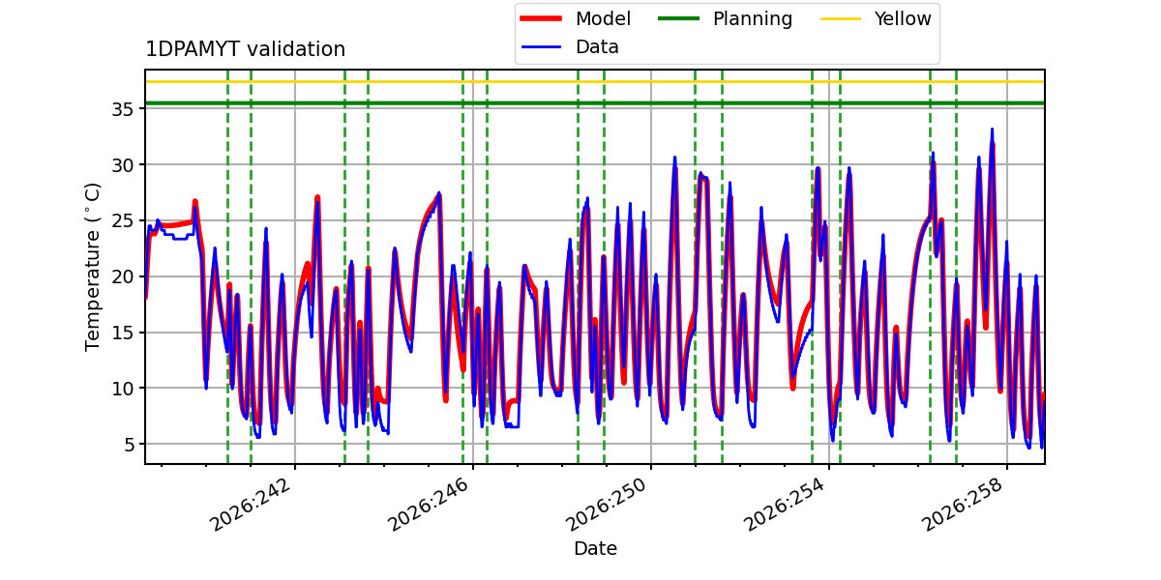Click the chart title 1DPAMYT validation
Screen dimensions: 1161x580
[245, 49]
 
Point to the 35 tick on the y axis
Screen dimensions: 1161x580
[122, 109]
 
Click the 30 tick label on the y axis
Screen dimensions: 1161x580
[122, 165]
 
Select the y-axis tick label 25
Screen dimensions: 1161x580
[122, 221]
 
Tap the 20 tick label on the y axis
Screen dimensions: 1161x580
[122, 277]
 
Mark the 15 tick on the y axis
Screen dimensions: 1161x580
[122, 333]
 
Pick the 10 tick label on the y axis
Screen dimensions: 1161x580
[122, 389]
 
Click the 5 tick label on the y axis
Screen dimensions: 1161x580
[129, 445]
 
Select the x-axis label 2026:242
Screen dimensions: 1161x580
[250, 505]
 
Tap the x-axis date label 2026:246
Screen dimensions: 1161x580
[428, 505]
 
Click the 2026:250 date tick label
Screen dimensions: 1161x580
[606, 505]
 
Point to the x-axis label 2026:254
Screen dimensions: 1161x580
[785, 505]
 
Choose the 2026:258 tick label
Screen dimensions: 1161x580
[963, 505]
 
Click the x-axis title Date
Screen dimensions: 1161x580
[596, 548]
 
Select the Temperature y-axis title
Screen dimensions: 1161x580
[92, 267]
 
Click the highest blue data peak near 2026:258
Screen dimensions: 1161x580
[992, 130]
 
